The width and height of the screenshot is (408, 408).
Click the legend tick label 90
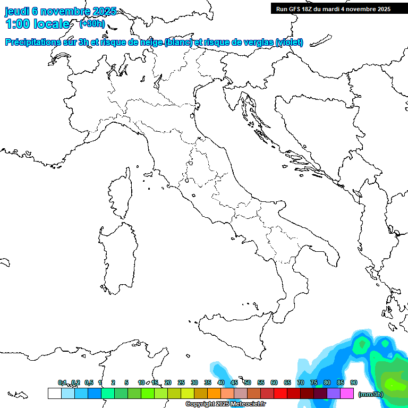pos(354,382)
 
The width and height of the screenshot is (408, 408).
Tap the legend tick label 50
pos(248,382)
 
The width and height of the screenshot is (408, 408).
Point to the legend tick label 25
pos(181,382)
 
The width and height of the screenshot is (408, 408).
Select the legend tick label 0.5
pos(89,382)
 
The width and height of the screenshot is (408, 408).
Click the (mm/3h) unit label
pos(371,394)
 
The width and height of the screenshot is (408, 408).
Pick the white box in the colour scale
pos(54,393)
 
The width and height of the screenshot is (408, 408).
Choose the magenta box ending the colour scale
pos(347,393)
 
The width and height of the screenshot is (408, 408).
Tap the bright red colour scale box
pos(280,393)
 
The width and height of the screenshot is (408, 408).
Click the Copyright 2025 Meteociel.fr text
pos(225,404)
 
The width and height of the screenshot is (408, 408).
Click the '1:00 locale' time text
pos(37,24)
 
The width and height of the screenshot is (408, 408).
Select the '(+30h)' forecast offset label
pos(91,24)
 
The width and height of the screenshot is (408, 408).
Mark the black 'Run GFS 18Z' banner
pos(333,8)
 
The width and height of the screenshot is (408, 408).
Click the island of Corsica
pos(121,194)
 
